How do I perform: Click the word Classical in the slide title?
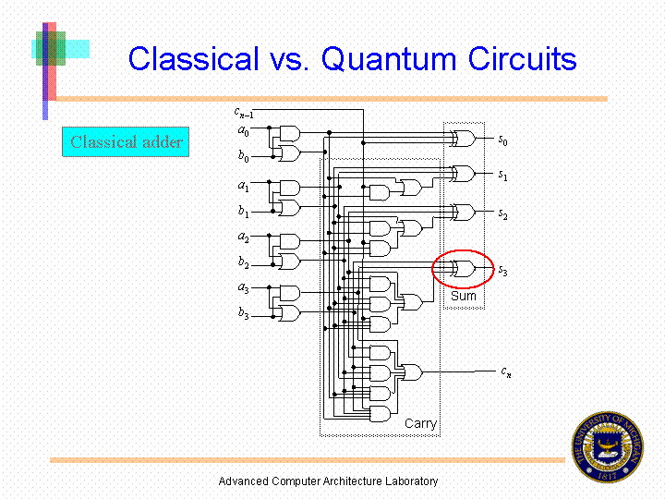tap(193, 59)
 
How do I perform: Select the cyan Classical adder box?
tap(126, 142)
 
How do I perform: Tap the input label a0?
tap(243, 131)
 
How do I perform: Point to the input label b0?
tap(243, 156)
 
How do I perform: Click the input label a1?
tap(243, 187)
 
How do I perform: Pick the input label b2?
tap(243, 262)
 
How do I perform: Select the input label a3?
tap(243, 287)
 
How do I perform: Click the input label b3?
tap(243, 314)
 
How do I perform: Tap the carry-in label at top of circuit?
tap(243, 114)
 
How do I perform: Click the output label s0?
tap(502, 140)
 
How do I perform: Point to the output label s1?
tap(502, 175)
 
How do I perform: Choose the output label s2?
tap(502, 213)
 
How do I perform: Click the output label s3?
tap(502, 270)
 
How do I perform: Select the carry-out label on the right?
tap(506, 371)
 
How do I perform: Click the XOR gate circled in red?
tap(463, 269)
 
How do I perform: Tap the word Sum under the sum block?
tap(464, 297)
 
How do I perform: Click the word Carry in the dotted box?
tap(420, 423)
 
